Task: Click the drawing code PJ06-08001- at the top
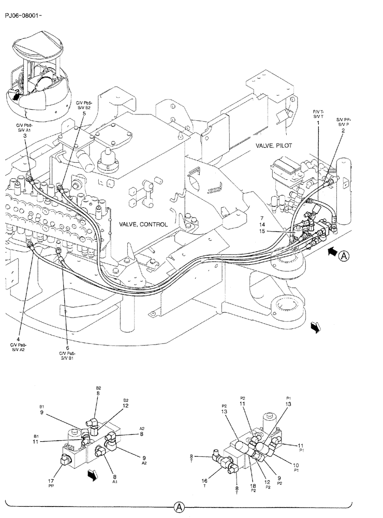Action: [x=23, y=16]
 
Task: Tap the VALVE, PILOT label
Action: [x=274, y=146]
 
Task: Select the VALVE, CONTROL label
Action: [x=143, y=224]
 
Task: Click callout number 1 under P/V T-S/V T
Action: [x=318, y=122]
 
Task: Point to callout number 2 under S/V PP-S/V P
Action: [x=343, y=131]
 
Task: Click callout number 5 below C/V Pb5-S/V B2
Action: [x=84, y=113]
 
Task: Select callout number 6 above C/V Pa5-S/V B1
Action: [x=67, y=348]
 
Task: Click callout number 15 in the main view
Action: [x=263, y=232]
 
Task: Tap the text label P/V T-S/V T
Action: [x=318, y=113]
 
